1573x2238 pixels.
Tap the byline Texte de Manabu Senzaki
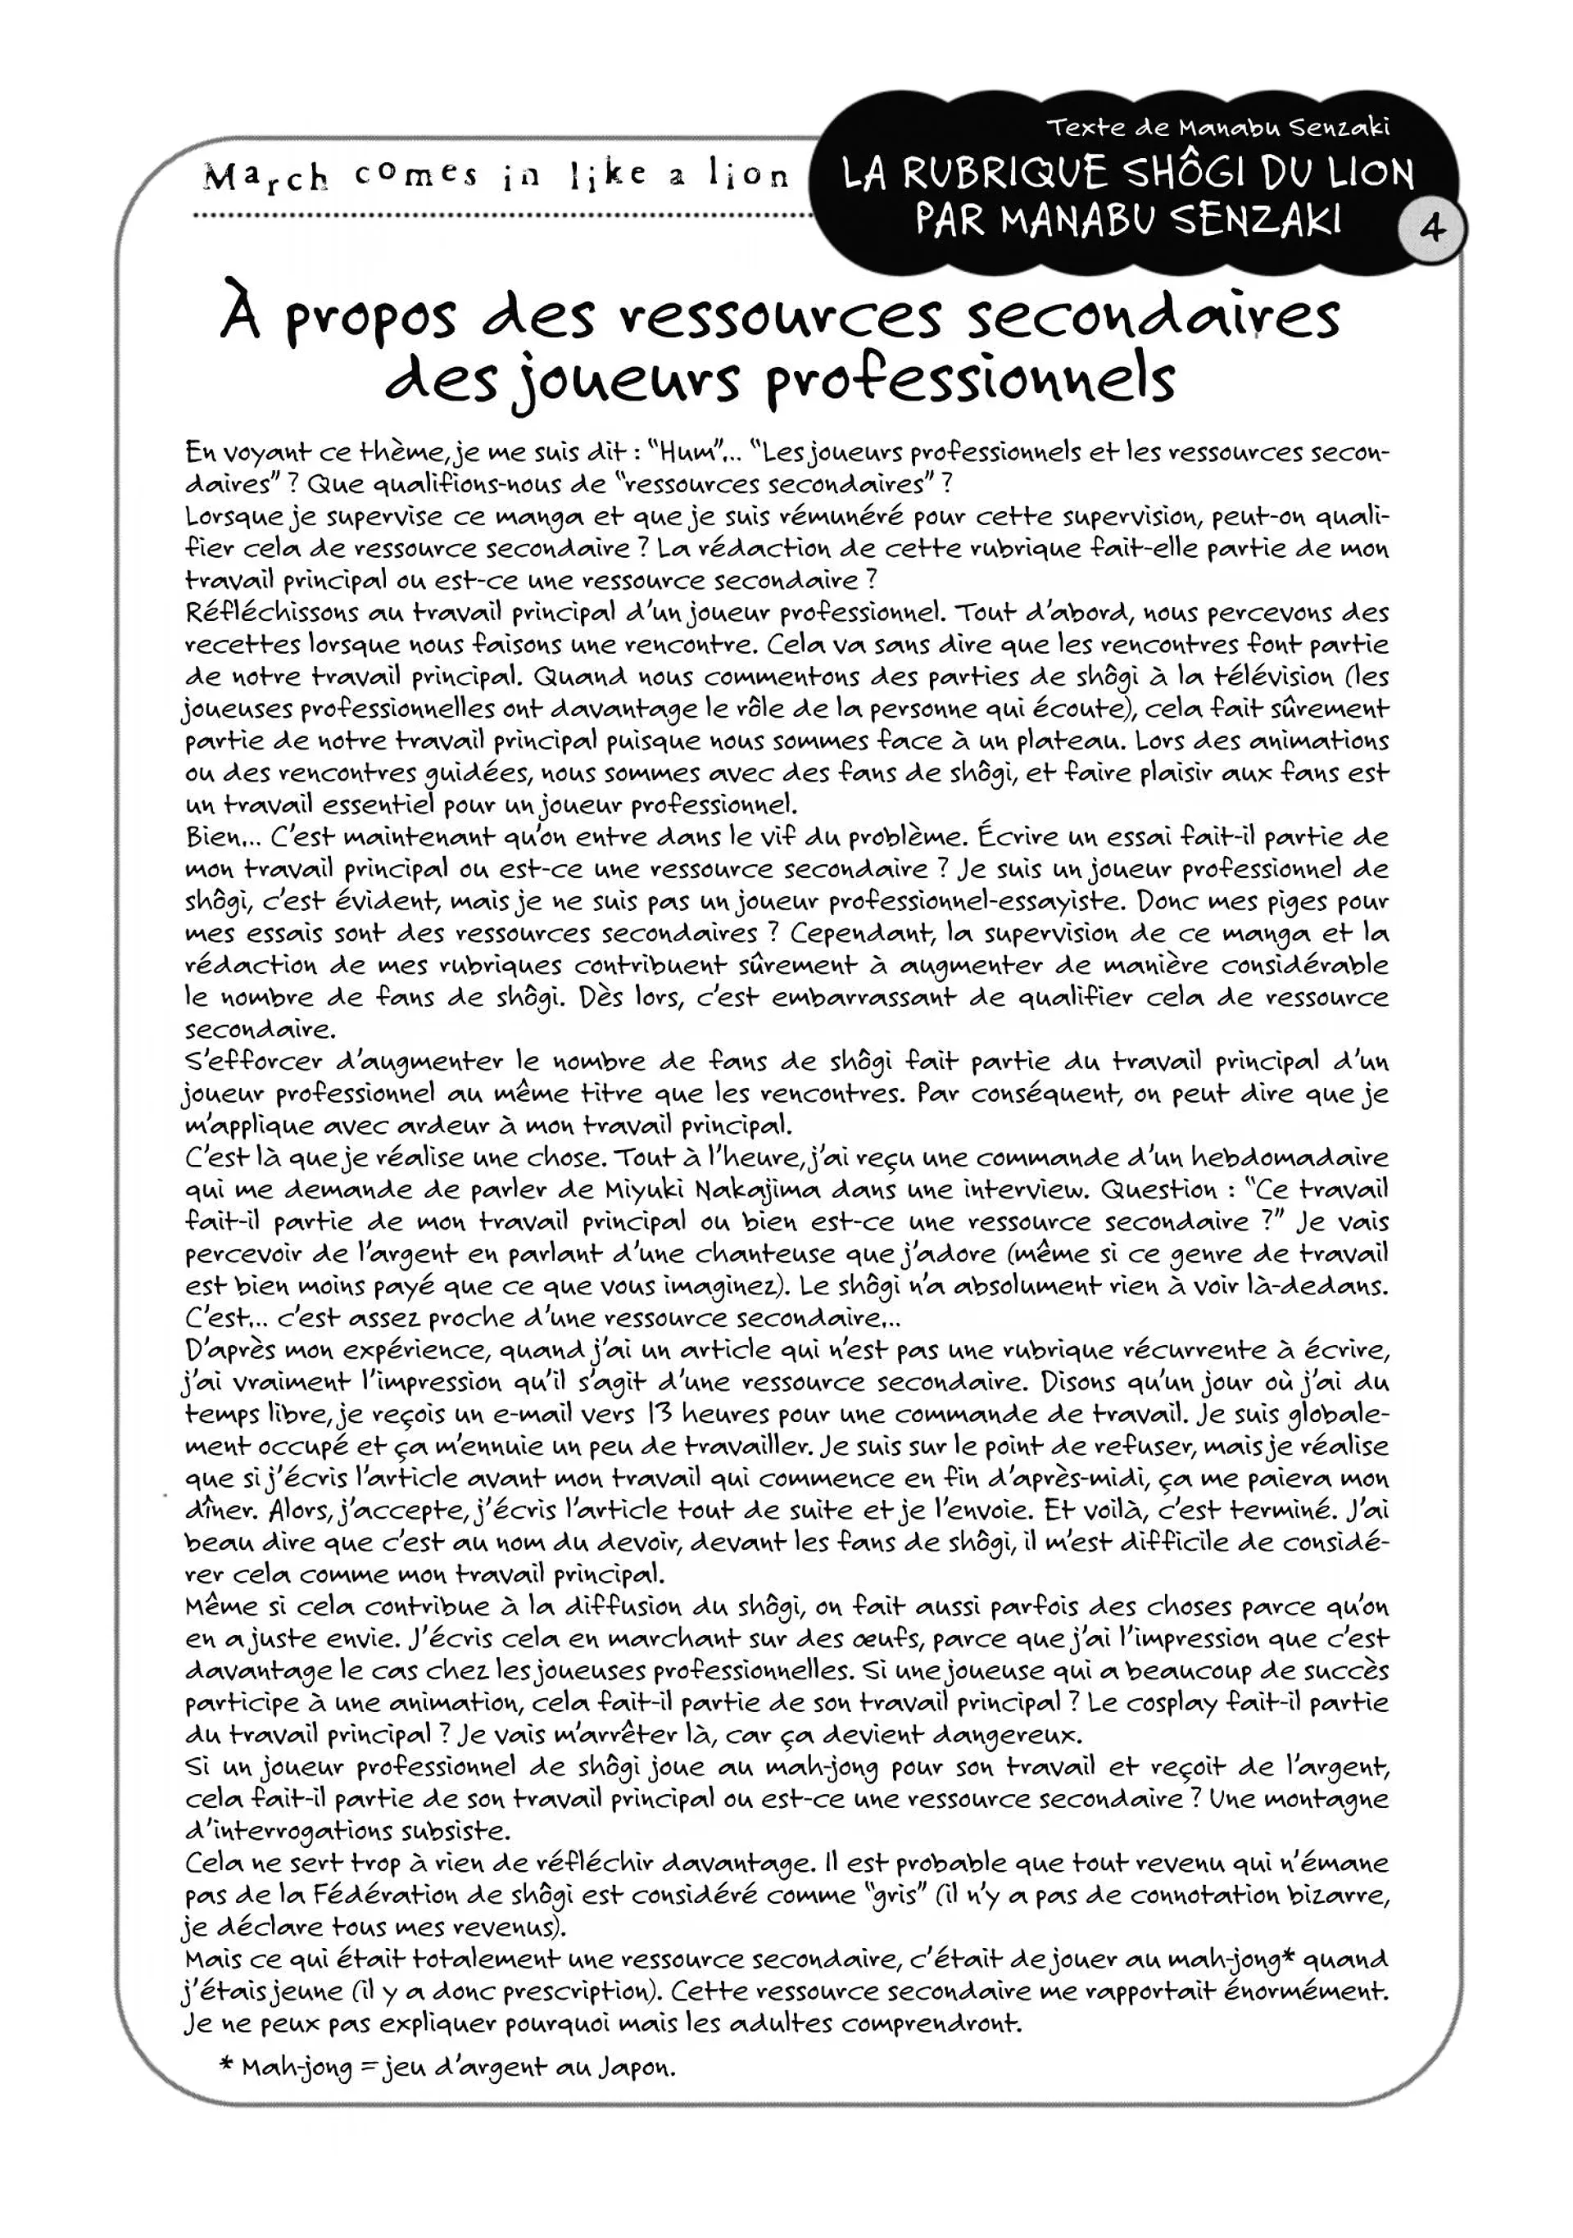click(1217, 128)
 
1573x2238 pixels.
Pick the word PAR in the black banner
click(950, 220)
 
